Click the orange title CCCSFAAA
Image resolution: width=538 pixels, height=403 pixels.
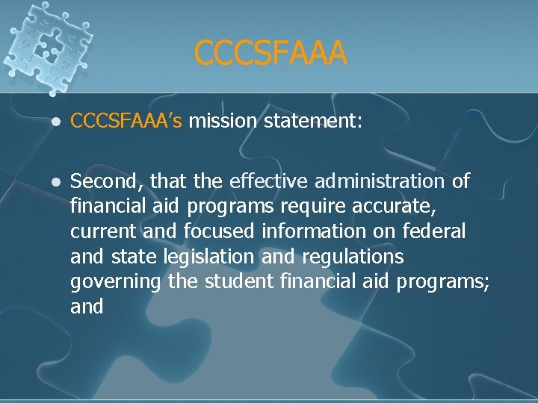(x=270, y=53)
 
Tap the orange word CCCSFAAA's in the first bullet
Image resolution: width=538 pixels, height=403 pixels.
(x=126, y=121)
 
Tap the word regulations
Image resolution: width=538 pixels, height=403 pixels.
(x=353, y=257)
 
